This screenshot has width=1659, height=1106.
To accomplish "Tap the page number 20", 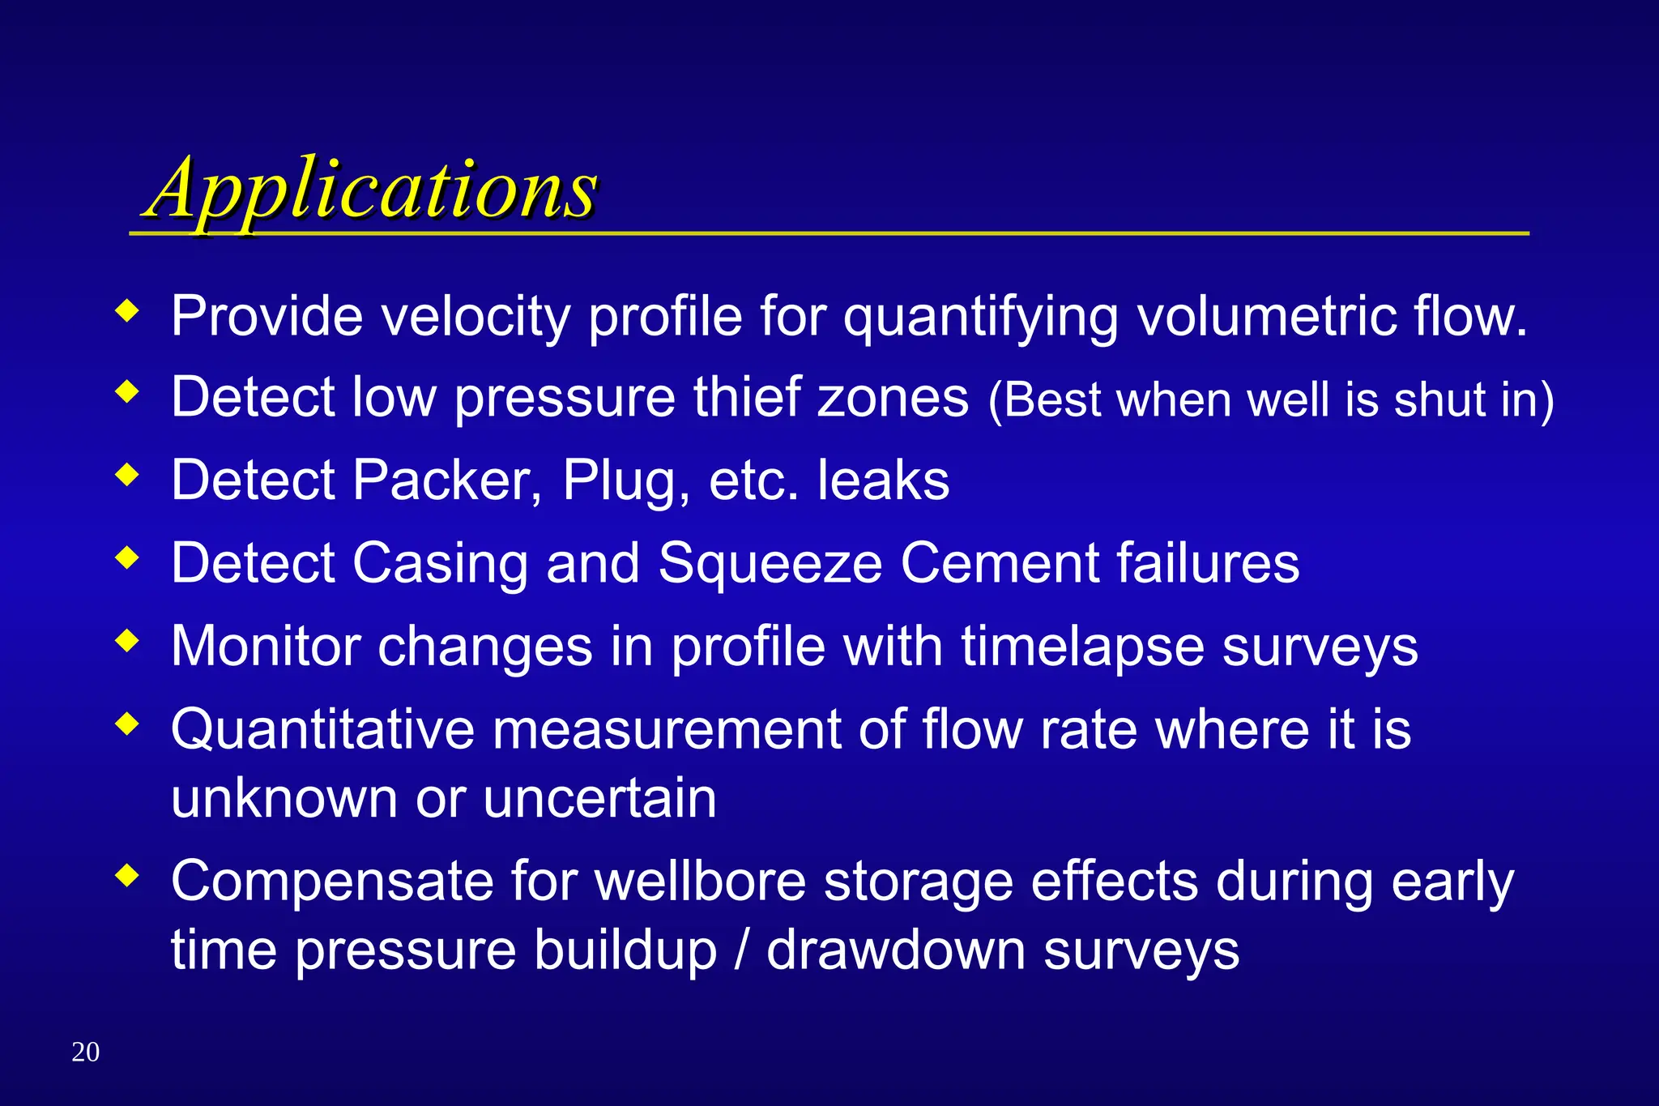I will [85, 1052].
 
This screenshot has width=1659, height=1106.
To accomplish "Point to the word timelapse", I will [1082, 647].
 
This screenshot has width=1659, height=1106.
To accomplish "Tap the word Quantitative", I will [322, 729].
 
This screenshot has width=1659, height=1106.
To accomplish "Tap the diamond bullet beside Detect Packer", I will [127, 475].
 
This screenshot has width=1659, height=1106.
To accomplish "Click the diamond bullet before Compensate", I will [127, 875].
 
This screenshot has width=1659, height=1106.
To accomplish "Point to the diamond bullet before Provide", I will [127, 311].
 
